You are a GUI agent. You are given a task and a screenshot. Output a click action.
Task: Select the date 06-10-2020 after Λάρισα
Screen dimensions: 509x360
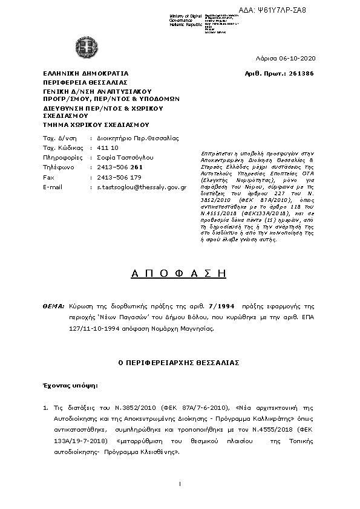pos(295,58)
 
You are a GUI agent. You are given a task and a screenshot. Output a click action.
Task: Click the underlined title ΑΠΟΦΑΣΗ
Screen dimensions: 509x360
pos(179,273)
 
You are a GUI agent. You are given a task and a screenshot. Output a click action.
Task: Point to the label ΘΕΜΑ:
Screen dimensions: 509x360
pos(54,308)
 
